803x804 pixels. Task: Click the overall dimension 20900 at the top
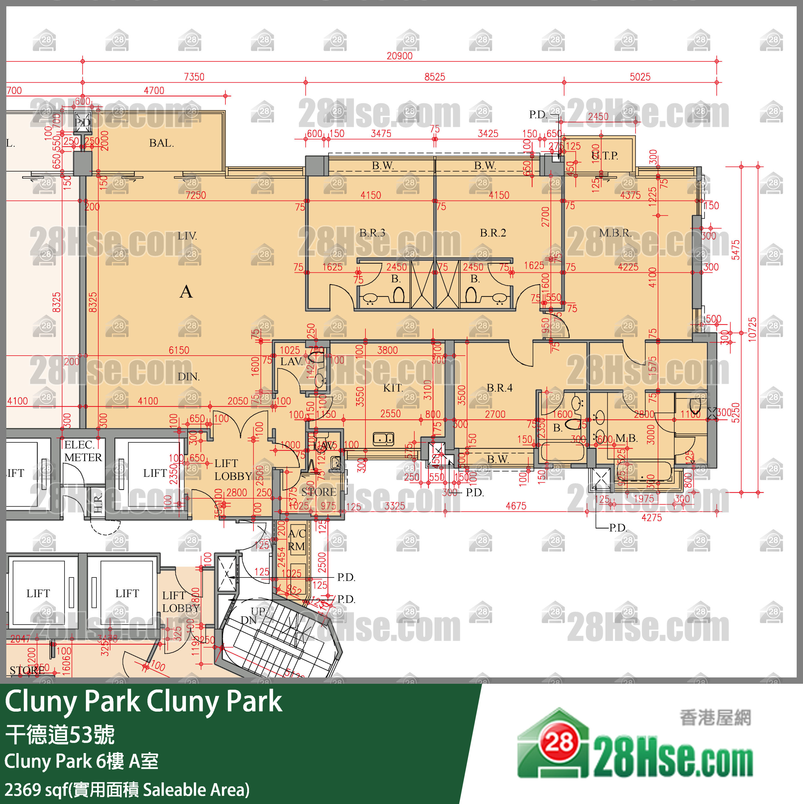(399, 56)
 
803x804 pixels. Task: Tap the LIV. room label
(187, 236)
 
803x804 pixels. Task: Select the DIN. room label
(188, 377)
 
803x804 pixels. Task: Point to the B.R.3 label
(372, 233)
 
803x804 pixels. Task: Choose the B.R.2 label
(493, 233)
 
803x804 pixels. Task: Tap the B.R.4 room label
(500, 388)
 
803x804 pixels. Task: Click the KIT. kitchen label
(393, 388)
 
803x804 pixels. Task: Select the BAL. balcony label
(161, 143)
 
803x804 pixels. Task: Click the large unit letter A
(186, 292)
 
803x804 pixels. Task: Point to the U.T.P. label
(605, 156)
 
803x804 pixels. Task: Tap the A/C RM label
(297, 540)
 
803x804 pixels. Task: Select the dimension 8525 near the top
(435, 77)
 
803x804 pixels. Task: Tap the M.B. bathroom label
(626, 438)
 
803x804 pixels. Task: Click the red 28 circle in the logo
(559, 742)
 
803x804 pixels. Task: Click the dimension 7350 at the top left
(194, 77)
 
